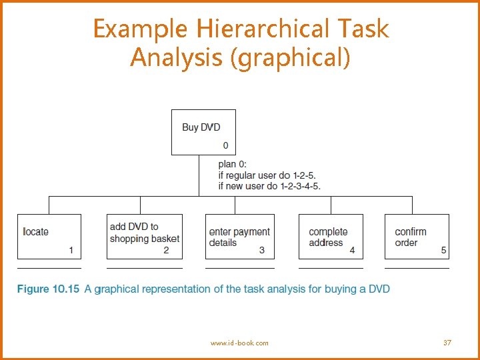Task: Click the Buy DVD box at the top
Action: click(x=203, y=132)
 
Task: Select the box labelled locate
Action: click(x=49, y=236)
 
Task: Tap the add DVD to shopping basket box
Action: click(x=144, y=236)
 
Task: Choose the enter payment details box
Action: click(x=239, y=236)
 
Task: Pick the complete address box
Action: click(x=331, y=236)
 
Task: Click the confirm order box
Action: click(x=417, y=236)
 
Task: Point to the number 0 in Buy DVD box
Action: click(x=225, y=145)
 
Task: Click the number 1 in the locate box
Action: click(x=71, y=251)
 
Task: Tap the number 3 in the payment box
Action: click(x=262, y=251)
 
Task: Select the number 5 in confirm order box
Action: click(x=444, y=251)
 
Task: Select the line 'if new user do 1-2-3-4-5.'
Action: click(x=269, y=186)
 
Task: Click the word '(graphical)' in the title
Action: click(x=290, y=57)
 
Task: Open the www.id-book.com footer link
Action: click(x=239, y=343)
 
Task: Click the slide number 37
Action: click(x=447, y=343)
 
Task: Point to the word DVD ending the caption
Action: click(x=379, y=289)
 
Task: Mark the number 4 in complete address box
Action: click(x=352, y=251)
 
